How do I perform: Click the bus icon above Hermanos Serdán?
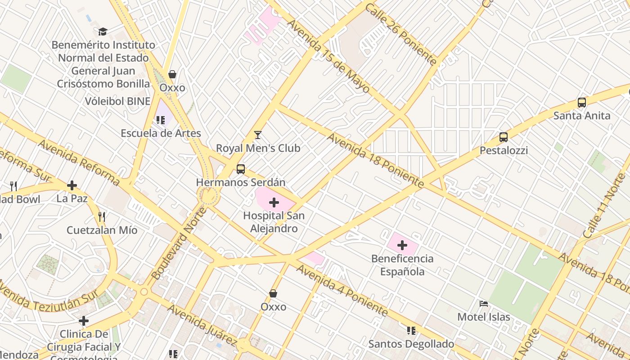tap(241, 169)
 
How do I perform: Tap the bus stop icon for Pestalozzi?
tap(504, 137)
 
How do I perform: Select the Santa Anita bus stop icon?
tap(582, 103)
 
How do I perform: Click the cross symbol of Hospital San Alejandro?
tap(274, 202)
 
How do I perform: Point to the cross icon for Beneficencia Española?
tap(402, 245)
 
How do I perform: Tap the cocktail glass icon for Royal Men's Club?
tap(258, 135)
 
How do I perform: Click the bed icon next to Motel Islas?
tap(484, 304)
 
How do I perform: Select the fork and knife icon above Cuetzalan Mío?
tap(102, 217)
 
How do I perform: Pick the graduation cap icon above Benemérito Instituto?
tap(103, 31)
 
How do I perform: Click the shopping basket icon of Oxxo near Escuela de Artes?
tap(172, 74)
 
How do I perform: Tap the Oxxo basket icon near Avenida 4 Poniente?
tap(273, 293)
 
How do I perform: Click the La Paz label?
tap(72, 198)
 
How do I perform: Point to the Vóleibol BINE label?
tap(117, 101)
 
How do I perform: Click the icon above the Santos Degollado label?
tap(411, 331)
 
